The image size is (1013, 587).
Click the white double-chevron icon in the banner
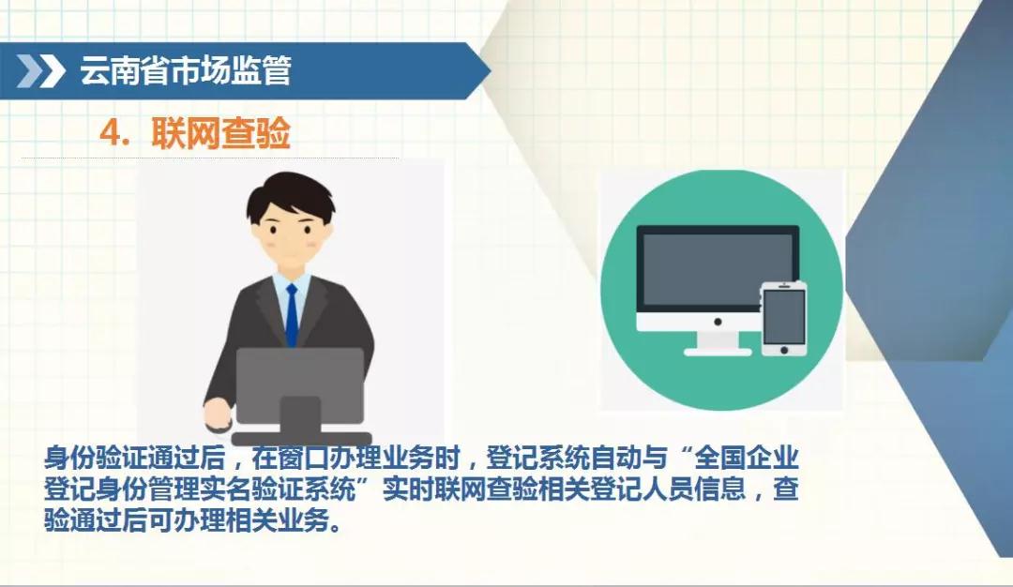(40, 70)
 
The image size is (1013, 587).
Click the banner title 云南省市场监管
(186, 70)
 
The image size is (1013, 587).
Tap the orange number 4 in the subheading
(110, 134)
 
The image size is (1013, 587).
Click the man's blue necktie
(292, 315)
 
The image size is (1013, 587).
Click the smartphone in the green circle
(783, 319)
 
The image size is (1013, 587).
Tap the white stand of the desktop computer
(718, 343)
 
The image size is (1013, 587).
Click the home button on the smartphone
(783, 350)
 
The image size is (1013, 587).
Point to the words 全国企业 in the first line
(747, 458)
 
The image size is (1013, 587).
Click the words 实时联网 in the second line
(434, 489)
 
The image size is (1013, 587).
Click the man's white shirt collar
(292, 284)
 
